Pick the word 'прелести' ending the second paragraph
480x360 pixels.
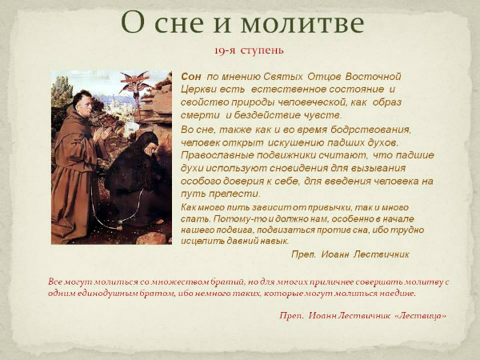232,194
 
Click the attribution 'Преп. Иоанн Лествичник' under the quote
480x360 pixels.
349,254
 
